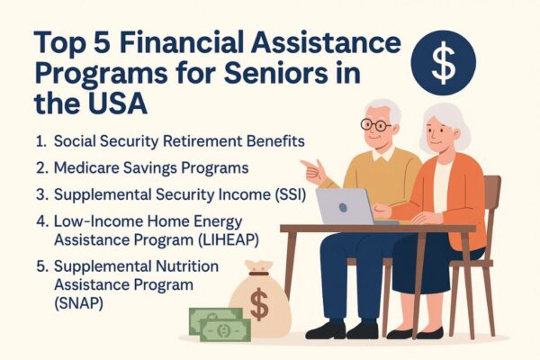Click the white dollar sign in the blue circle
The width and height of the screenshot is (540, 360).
pos(443,62)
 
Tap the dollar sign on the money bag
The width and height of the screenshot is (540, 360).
pos(259,304)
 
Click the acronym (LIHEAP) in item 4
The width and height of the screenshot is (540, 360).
pos(229,239)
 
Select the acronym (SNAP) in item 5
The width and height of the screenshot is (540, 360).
pos(78,303)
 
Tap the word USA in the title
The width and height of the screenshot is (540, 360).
pos(118,103)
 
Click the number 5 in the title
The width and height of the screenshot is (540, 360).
pos(103,42)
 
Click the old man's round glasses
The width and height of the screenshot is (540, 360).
pos(375,124)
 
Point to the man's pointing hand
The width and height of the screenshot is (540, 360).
pos(314,170)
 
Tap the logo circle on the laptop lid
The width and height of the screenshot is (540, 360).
pos(343,207)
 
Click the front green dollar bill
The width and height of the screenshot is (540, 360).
pos(225,330)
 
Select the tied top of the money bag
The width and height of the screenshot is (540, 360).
pos(258,268)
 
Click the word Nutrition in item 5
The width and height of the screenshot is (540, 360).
pos(187,266)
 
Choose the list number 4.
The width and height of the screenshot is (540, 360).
pos(41,221)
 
